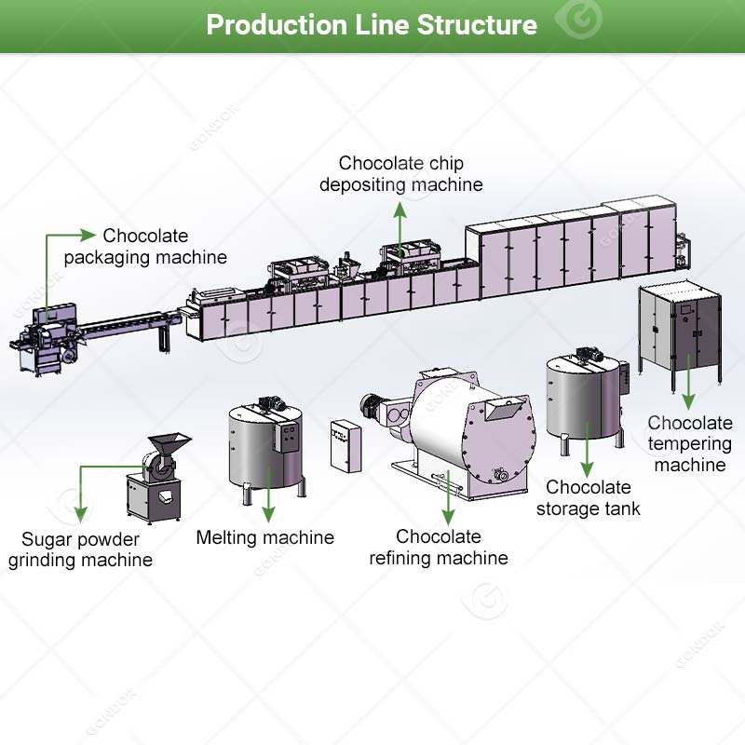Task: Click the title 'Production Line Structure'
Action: [372, 25]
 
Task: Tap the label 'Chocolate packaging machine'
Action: [145, 246]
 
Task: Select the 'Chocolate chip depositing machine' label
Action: [401, 174]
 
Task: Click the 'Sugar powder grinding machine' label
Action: [80, 549]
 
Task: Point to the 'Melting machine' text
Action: [265, 537]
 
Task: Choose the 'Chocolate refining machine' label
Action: [439, 547]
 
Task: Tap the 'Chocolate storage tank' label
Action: [589, 497]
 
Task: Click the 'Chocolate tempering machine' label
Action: [690, 444]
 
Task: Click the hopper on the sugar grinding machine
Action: [169, 443]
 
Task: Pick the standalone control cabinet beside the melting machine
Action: [345, 446]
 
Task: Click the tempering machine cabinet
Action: [681, 332]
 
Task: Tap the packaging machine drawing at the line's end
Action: [46, 340]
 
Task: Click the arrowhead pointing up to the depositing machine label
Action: [400, 210]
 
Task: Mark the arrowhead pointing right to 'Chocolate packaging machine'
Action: [88, 235]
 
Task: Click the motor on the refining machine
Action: [372, 407]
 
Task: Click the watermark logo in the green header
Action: [579, 20]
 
